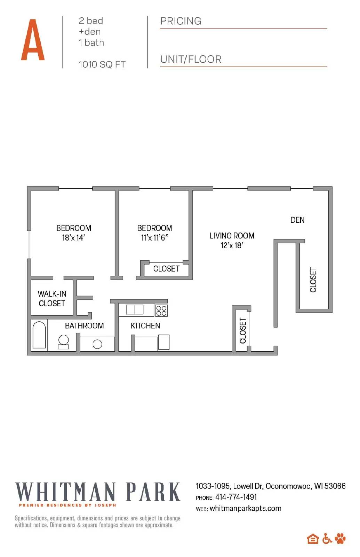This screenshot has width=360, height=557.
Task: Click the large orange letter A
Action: tap(33, 40)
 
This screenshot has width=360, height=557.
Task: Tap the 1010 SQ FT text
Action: tap(102, 64)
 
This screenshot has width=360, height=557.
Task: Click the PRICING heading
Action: tap(181, 21)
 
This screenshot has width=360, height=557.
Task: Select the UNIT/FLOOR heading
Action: tap(191, 60)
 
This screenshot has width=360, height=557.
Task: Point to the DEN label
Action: tap(297, 220)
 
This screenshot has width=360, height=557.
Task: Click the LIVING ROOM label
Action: tap(232, 236)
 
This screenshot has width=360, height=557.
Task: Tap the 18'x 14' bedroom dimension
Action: tap(73, 238)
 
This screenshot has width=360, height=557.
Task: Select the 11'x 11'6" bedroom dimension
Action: tap(154, 238)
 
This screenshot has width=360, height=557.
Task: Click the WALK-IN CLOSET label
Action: tap(52, 299)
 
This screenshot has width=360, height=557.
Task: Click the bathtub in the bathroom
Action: tap(39, 335)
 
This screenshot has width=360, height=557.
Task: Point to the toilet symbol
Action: tap(63, 341)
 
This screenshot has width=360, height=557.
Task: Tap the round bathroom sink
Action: tap(97, 344)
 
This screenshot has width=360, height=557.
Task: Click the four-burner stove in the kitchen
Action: tap(161, 310)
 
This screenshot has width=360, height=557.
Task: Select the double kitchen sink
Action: tap(135, 309)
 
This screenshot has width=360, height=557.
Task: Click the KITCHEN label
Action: tap(145, 326)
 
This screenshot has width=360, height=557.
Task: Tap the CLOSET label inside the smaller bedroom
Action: tap(166, 269)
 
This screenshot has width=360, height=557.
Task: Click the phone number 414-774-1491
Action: tap(236, 497)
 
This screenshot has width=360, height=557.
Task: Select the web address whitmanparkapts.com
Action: tap(245, 508)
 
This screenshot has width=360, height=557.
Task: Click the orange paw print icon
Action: tap(340, 539)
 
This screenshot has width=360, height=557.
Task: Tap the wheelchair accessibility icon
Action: tap(327, 539)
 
